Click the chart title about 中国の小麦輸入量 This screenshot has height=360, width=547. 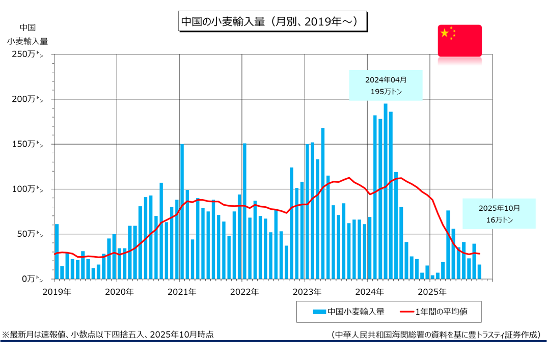coord(272,22)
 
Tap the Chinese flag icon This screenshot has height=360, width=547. coord(459,40)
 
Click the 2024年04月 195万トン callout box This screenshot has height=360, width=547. coord(386,85)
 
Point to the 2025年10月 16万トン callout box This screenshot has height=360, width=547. coord(499,213)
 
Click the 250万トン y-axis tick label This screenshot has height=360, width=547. coord(28,54)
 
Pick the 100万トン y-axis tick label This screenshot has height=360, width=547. coord(28,189)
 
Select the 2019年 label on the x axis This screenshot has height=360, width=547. coord(57,292)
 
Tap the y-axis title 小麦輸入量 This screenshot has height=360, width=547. coord(28,41)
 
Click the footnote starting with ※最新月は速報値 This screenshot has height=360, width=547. coord(108,335)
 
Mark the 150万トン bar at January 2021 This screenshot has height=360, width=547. coord(182,212)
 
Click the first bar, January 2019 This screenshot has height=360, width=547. coord(57,252)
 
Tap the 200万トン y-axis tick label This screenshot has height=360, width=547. coord(28,99)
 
